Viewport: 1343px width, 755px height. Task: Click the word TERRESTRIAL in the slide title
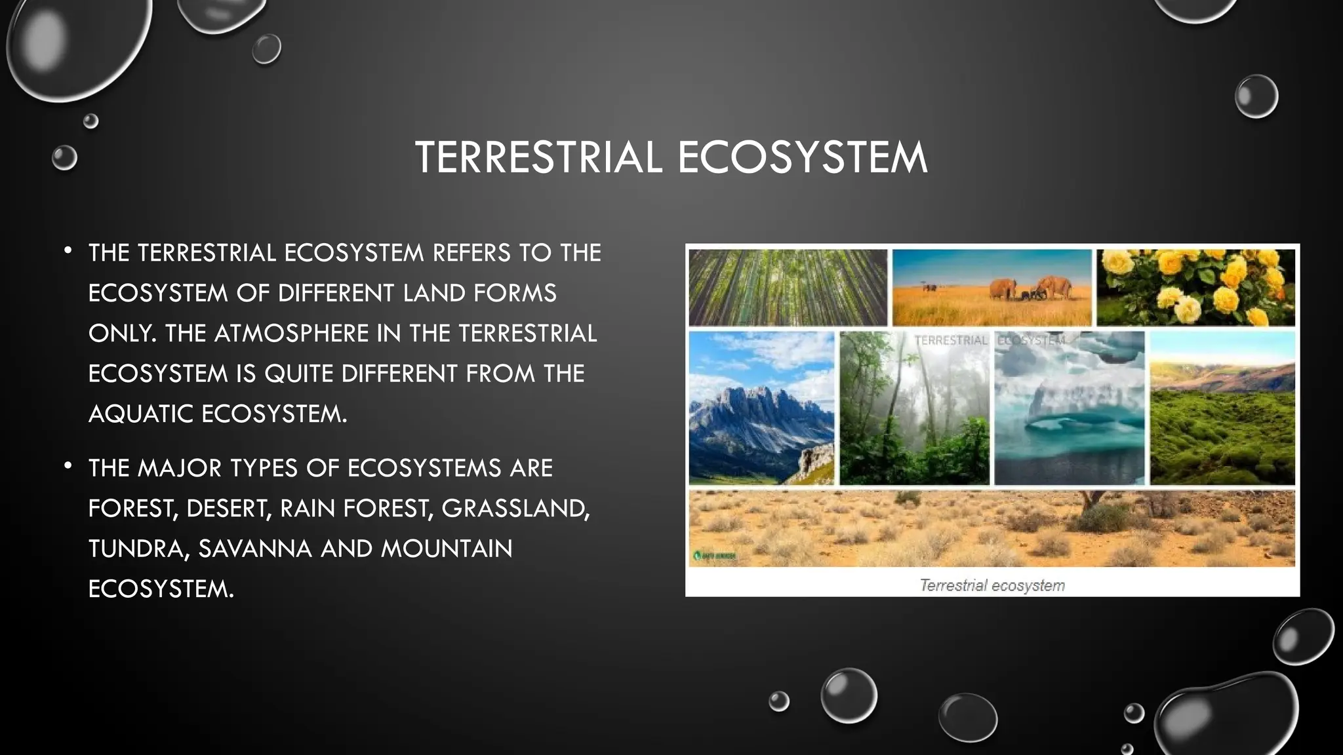538,158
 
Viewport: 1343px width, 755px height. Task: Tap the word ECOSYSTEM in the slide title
802,158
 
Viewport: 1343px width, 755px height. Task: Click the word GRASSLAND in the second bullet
515,509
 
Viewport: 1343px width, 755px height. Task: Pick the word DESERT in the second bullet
228,509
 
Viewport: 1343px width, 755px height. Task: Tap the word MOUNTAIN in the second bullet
447,549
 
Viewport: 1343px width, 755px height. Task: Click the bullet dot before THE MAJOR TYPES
68,466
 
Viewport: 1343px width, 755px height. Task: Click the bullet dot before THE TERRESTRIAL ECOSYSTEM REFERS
68,250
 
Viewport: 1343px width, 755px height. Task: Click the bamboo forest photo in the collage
788,287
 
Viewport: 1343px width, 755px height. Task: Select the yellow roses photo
1195,287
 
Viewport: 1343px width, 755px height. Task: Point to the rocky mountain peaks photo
761,408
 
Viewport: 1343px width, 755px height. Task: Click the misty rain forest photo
914,408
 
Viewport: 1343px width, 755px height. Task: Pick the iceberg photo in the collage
1069,408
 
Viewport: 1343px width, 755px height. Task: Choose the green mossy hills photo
1222,408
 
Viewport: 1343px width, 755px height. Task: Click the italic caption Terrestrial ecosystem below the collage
992,585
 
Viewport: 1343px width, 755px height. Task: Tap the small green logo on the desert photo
714,556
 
